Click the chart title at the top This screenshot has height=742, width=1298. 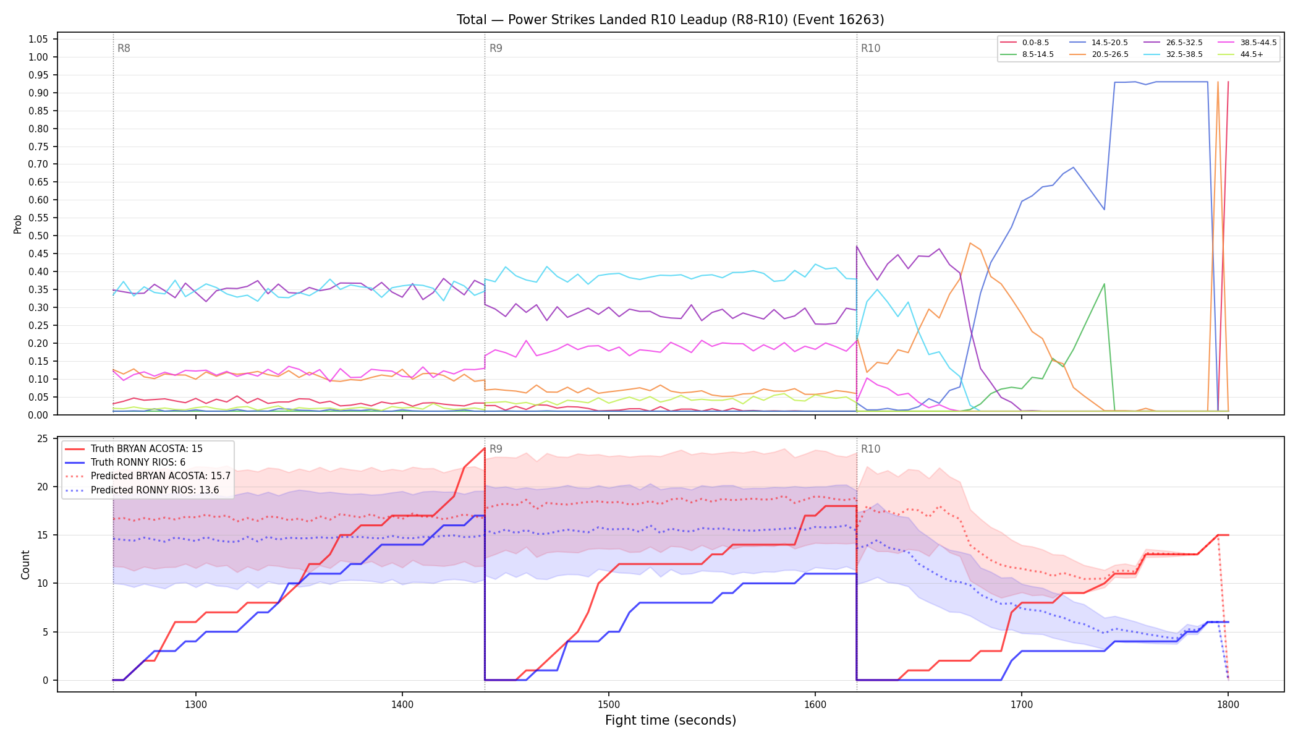coord(671,20)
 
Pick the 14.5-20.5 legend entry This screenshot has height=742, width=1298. coord(1099,43)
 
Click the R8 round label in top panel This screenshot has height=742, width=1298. coord(124,48)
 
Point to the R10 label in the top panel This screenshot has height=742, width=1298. coord(870,48)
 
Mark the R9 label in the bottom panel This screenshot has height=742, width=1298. coord(496,449)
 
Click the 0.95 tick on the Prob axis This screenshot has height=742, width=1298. coord(38,75)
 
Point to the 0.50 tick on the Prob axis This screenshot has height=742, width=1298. coord(38,236)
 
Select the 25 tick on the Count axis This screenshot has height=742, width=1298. coord(43,438)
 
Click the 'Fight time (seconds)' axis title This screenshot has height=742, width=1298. coord(671,720)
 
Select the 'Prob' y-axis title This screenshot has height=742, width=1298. coord(17,224)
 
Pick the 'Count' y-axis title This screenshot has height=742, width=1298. coord(25,565)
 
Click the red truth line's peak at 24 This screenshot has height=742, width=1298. coord(485,448)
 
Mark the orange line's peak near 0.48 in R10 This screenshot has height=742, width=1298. coord(970,243)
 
